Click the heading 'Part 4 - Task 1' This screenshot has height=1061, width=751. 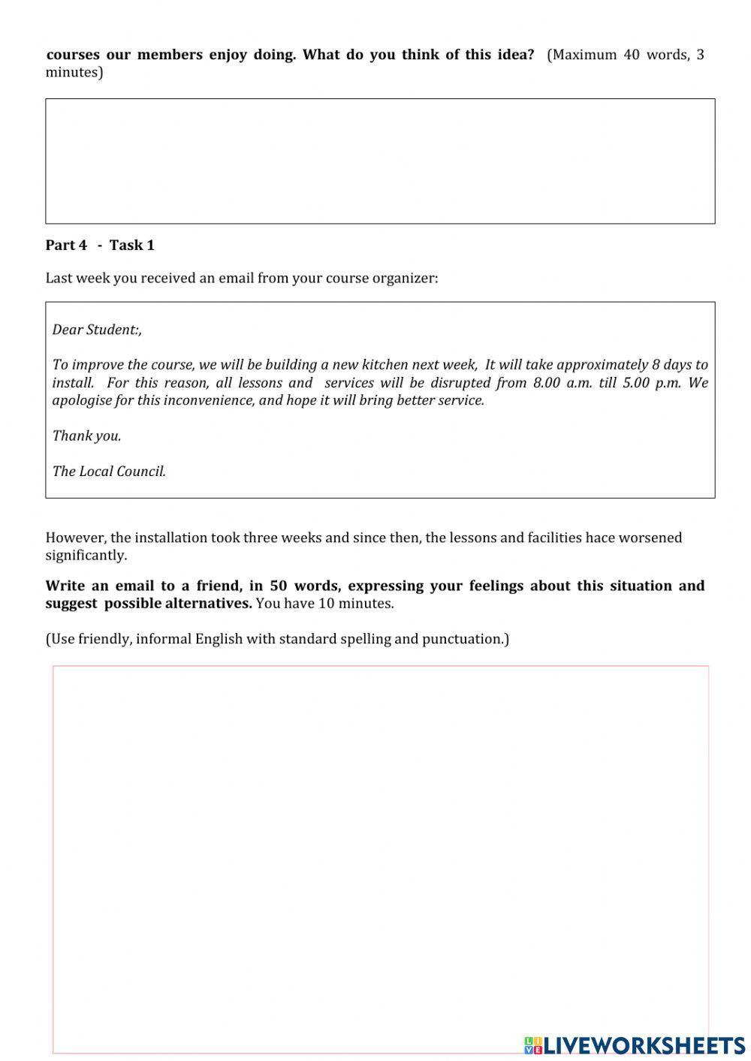click(100, 245)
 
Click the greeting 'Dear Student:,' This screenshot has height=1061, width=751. click(97, 330)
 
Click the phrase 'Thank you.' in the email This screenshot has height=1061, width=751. click(86, 436)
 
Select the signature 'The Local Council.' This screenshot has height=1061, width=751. click(109, 472)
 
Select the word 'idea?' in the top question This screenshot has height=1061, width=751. click(515, 55)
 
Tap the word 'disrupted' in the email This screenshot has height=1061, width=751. click(460, 383)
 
